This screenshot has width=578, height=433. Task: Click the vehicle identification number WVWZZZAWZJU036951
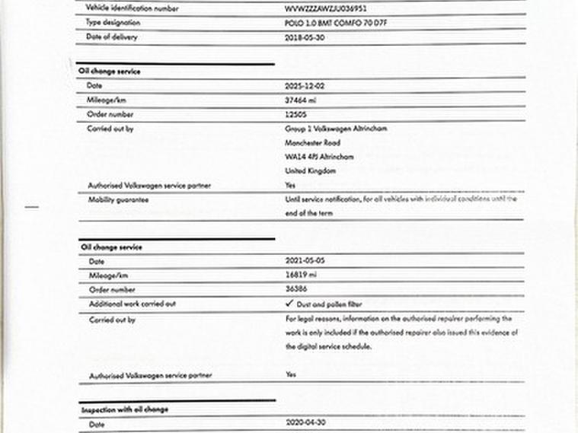pos(325,8)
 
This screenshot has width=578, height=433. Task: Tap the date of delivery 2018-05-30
pos(305,37)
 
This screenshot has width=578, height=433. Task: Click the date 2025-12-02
pos(305,86)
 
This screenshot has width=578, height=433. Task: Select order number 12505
pos(295,114)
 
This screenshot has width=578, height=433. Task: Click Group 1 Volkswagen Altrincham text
pos(336,129)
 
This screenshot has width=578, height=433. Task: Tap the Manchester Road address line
pos(312,142)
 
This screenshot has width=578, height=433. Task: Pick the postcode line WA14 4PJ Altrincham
pos(319,157)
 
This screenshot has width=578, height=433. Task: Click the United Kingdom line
pos(310,171)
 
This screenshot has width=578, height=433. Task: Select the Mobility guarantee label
pos(118,199)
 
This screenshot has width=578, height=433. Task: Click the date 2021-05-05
pos(305,261)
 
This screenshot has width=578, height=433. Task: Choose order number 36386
pos(295,289)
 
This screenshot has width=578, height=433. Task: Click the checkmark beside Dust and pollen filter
pos(289,304)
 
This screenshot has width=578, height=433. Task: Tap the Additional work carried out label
pos(132,304)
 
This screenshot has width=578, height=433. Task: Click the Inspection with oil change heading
pos(124,409)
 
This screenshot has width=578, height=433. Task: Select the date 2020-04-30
pos(305,423)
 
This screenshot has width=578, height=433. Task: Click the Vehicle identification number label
pos(133,8)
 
